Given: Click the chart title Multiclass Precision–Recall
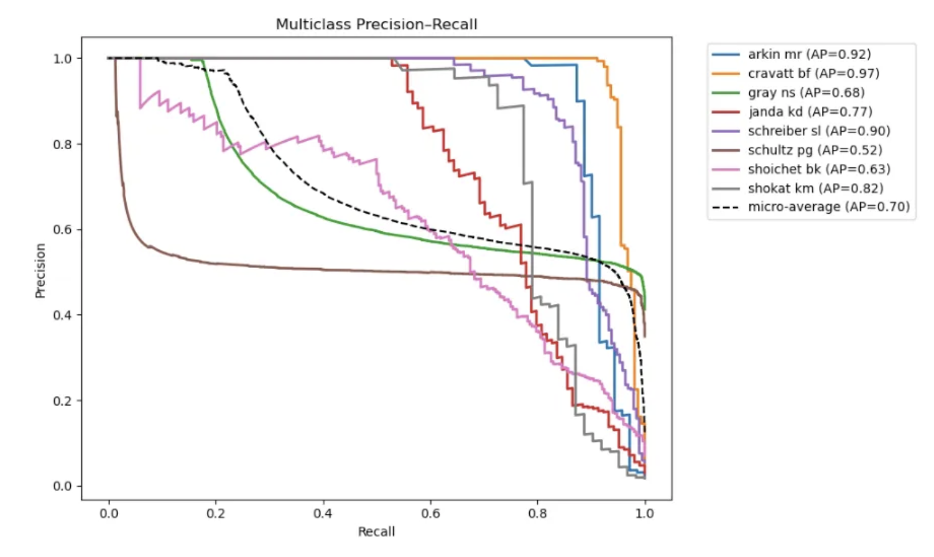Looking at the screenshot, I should coord(376,24).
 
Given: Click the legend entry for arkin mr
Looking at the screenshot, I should coord(809,54).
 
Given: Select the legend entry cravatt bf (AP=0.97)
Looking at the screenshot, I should coord(813,73).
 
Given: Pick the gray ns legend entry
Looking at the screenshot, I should coord(806,93).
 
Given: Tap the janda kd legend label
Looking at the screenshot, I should coord(810,112).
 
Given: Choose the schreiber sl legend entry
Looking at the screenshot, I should coord(819,131).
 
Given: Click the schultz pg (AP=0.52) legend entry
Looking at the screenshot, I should coord(815,150).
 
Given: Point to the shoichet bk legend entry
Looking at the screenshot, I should coord(819,169).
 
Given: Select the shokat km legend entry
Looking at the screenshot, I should coord(815,188).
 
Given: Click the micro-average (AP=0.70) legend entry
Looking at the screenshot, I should coord(828,207).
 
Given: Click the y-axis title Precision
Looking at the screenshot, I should coord(40,270).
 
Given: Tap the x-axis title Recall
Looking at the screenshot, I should coord(376,532).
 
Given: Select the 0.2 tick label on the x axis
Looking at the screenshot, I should coord(216,513).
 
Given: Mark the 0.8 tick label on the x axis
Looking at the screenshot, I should coord(537,513).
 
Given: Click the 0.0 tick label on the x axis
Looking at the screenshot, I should coord(109,513).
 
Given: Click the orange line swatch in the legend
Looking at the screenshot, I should coord(726,73).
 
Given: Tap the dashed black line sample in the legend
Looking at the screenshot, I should coord(726,207).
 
